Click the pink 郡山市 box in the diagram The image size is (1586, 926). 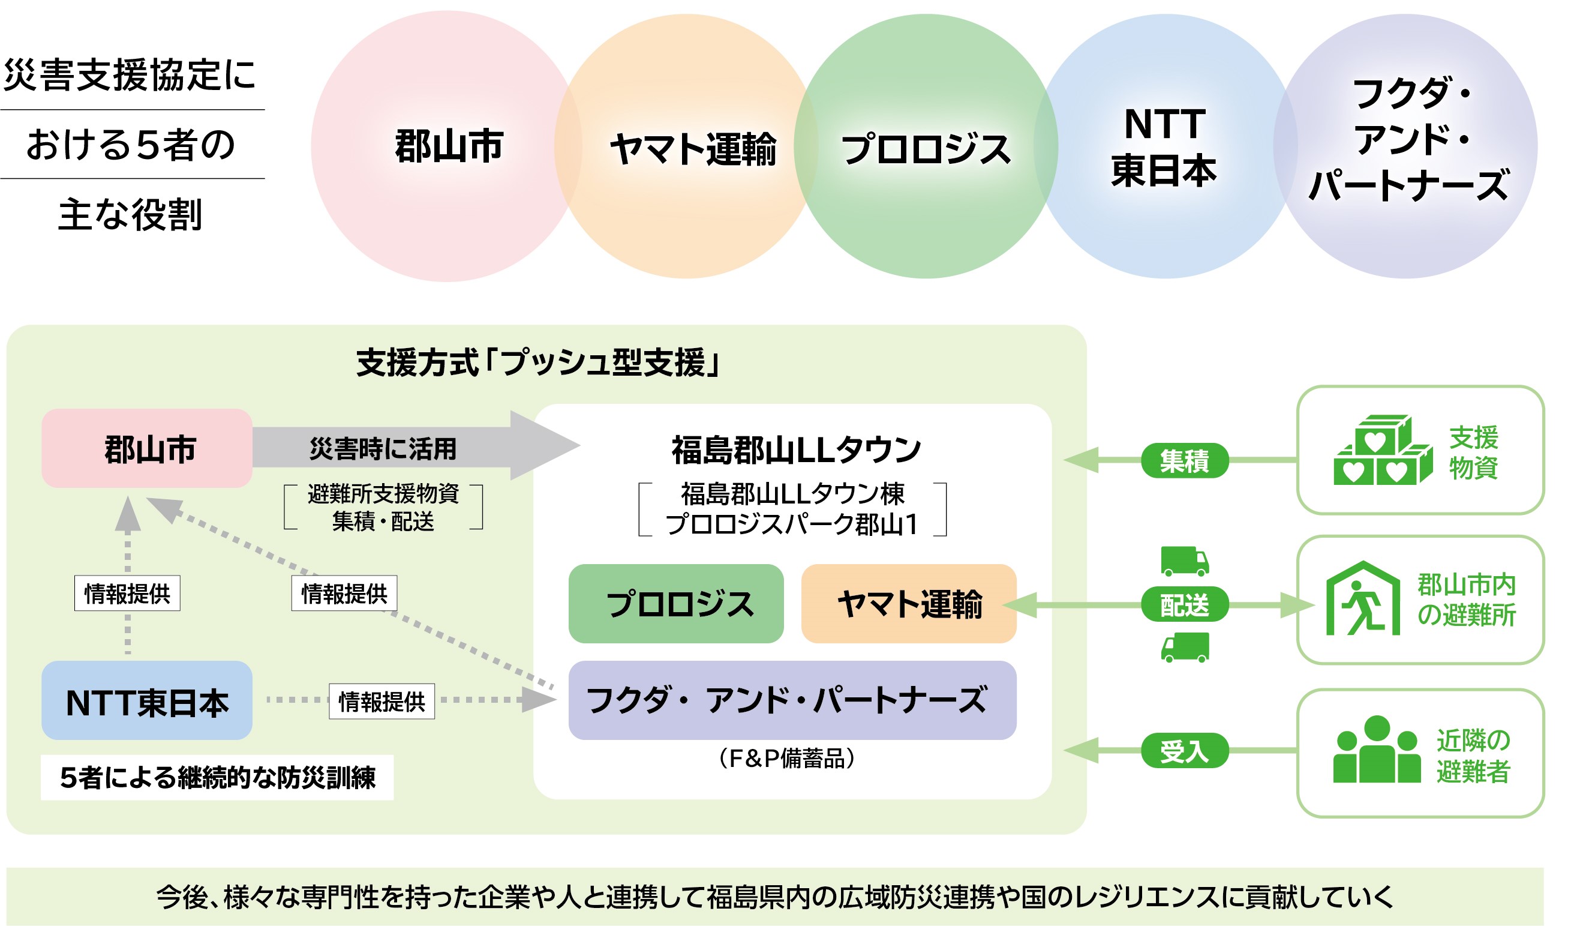tap(148, 449)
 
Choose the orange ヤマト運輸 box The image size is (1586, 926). tap(909, 604)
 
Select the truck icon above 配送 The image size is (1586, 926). tap(1185, 561)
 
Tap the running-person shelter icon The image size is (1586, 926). tap(1364, 600)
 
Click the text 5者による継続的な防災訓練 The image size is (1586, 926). tap(218, 778)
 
